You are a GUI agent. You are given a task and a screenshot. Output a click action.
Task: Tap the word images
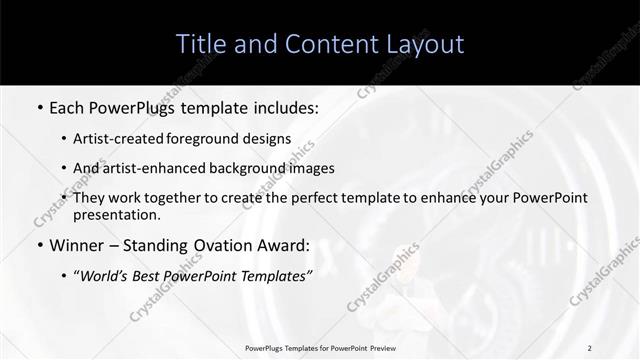pyautogui.click(x=309, y=168)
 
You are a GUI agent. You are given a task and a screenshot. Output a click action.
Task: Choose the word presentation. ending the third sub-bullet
pyautogui.click(x=117, y=214)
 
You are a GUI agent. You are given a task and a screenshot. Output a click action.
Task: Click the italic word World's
pyautogui.click(x=104, y=275)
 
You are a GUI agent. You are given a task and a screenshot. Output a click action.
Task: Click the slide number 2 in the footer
pyautogui.click(x=589, y=348)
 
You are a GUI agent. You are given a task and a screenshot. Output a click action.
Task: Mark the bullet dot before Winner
pyautogui.click(x=39, y=245)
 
